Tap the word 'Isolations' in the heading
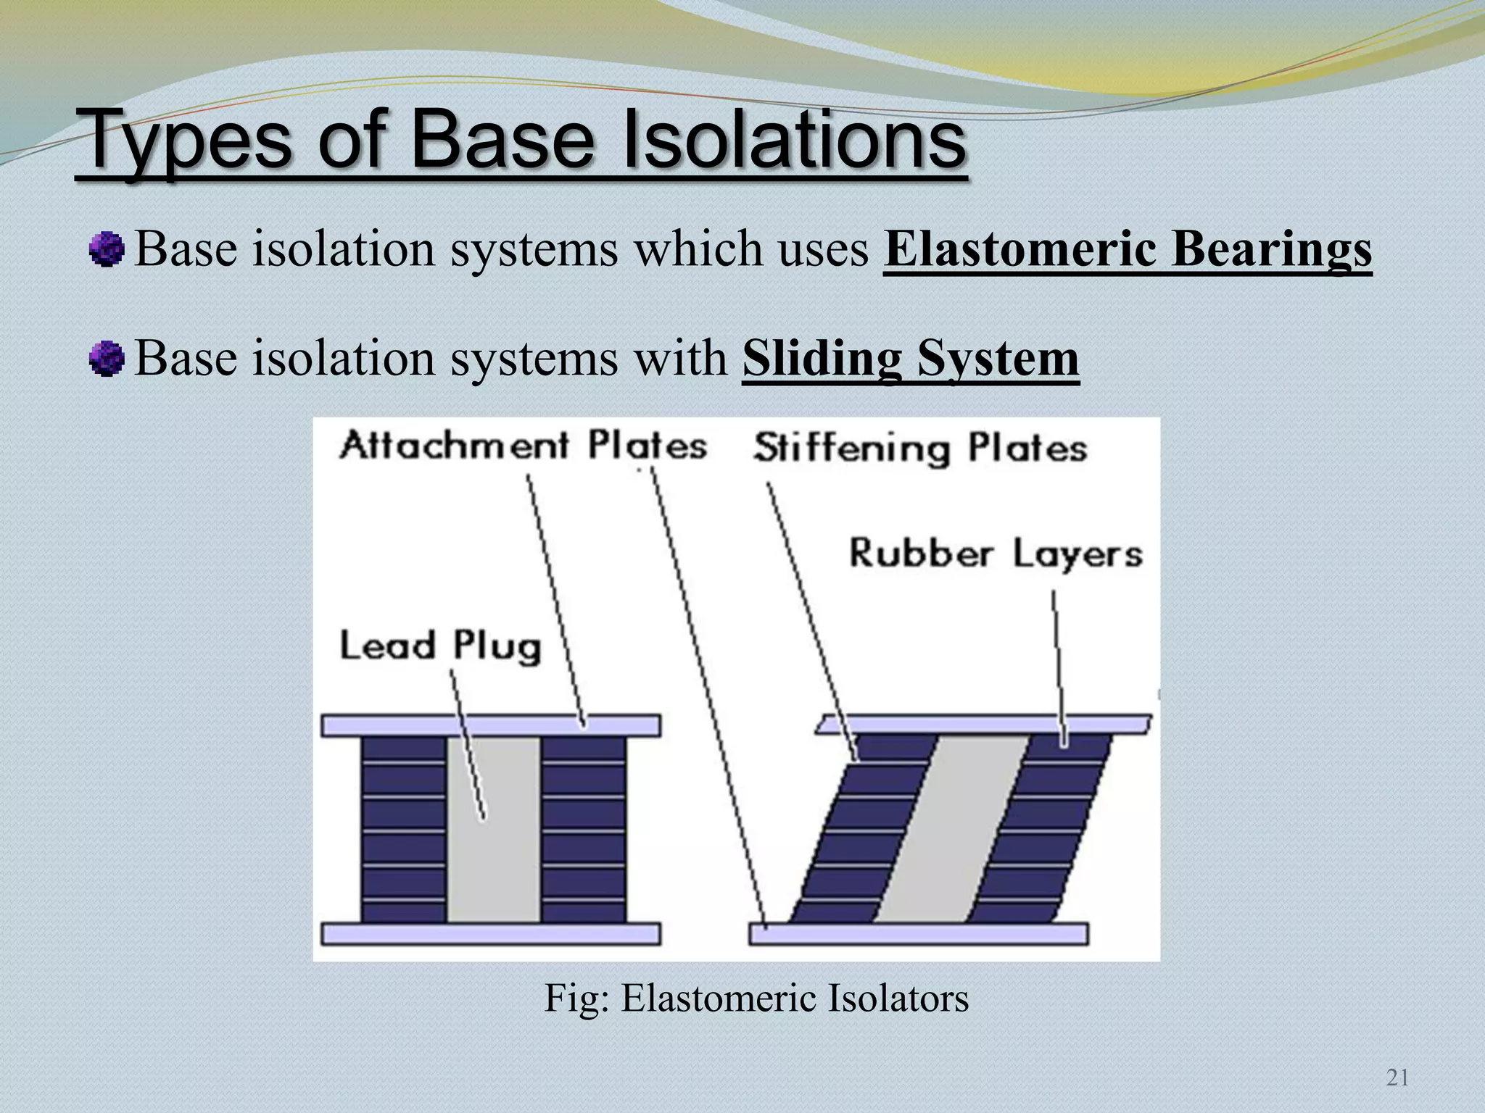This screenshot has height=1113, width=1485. (794, 139)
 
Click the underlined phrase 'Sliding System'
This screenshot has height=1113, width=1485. (910, 359)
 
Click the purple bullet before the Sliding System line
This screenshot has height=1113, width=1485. (107, 359)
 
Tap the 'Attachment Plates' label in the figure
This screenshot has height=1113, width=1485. (523, 445)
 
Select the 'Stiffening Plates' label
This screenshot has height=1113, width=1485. (919, 449)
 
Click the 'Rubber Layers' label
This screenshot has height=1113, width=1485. (995, 554)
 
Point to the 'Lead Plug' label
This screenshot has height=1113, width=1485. (440, 646)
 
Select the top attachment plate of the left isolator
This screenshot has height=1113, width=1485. (490, 725)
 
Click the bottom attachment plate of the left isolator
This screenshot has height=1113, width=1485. (490, 934)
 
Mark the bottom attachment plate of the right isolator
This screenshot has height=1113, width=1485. (918, 934)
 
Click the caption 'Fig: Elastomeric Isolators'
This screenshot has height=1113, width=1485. (756, 999)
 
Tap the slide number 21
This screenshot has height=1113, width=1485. (1397, 1077)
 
